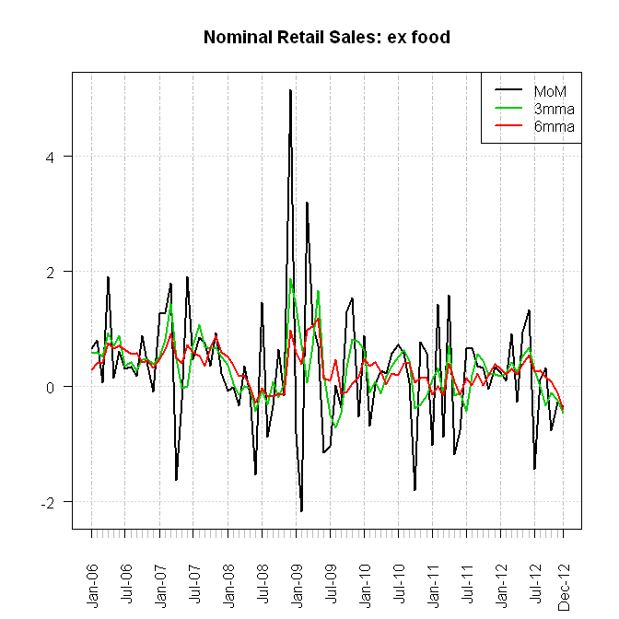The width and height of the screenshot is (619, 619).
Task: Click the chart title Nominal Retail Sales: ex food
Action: click(x=326, y=38)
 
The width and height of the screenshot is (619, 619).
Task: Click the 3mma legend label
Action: click(x=554, y=109)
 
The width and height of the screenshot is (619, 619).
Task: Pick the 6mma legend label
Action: click(x=554, y=126)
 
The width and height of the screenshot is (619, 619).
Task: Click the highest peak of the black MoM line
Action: click(x=290, y=90)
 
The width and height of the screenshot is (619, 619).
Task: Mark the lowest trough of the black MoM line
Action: click(x=301, y=511)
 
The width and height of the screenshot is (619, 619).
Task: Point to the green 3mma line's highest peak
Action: click(x=291, y=279)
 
